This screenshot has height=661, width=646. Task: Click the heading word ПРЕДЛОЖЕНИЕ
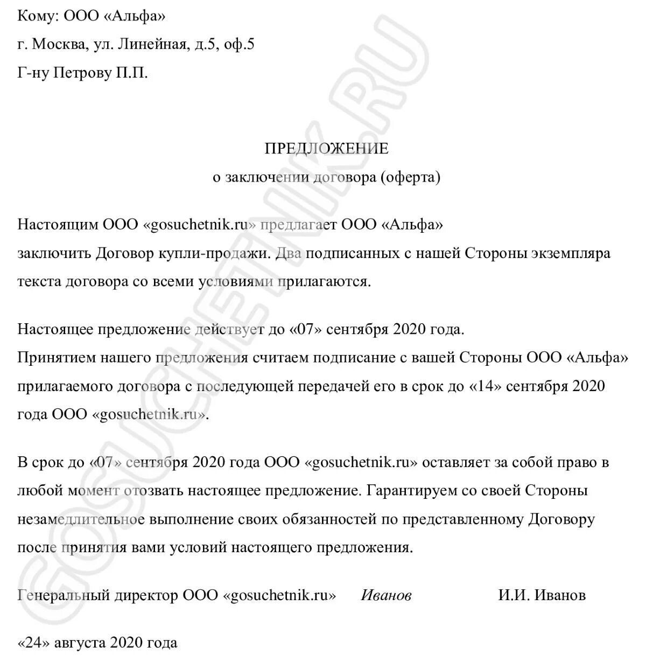(x=326, y=148)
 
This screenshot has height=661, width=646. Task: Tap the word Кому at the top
(x=37, y=16)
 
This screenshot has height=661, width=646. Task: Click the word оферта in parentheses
(x=410, y=177)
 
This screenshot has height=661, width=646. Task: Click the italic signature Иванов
(x=386, y=595)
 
